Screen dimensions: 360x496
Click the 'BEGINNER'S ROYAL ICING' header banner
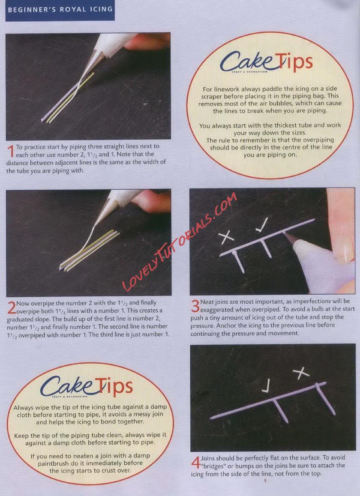tap(60, 10)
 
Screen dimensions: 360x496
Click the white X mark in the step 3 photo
tap(226, 237)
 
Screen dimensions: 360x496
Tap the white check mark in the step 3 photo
tap(262, 224)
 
